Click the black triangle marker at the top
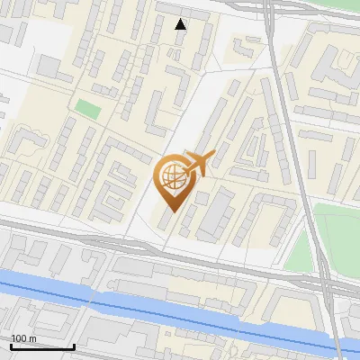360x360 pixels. pyautogui.click(x=181, y=24)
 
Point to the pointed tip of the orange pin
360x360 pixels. pyautogui.click(x=171, y=211)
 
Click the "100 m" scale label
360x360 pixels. pyautogui.click(x=23, y=337)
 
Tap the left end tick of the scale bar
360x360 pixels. pyautogui.click(x=11, y=345)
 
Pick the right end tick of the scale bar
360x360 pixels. pyautogui.click(x=74, y=345)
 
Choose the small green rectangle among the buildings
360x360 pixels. pyautogui.click(x=87, y=109)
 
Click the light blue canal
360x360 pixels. pyautogui.click(x=180, y=310)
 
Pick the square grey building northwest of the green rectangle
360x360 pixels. pyautogui.click(x=50, y=67)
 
